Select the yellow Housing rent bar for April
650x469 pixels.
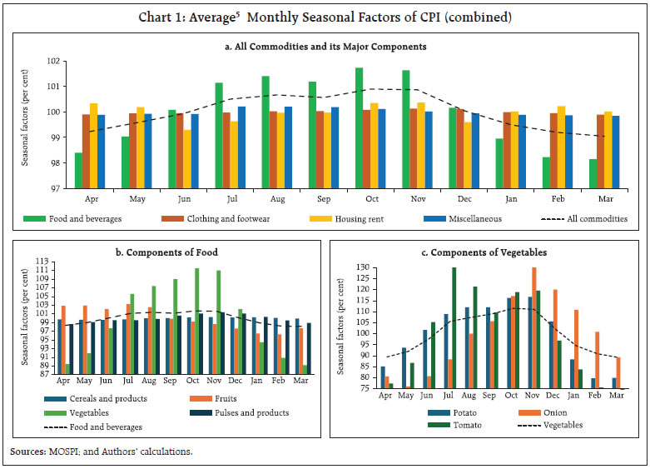[x=93, y=146]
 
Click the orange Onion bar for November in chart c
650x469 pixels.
[x=533, y=327]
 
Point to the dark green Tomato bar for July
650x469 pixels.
[x=454, y=327]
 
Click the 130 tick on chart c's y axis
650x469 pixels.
[x=361, y=267]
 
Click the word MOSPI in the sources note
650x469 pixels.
[x=65, y=452]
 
